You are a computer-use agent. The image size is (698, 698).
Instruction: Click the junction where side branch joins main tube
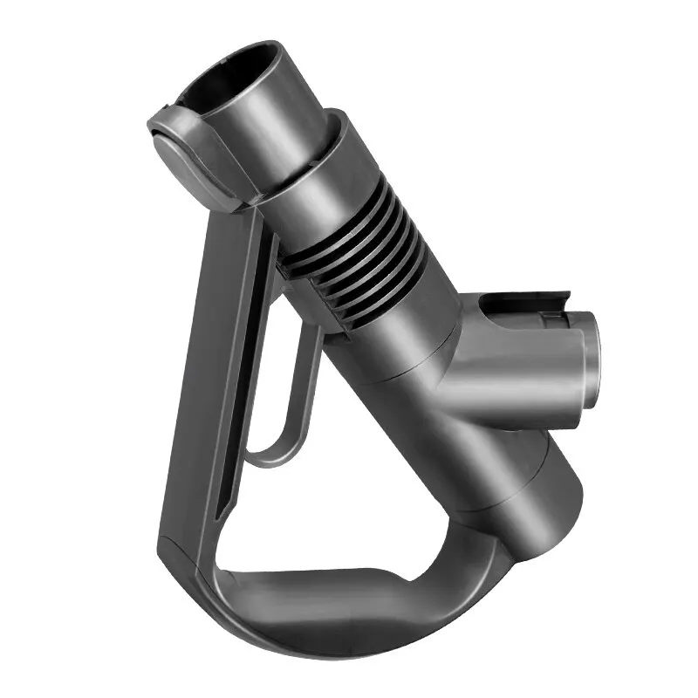(454, 375)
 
